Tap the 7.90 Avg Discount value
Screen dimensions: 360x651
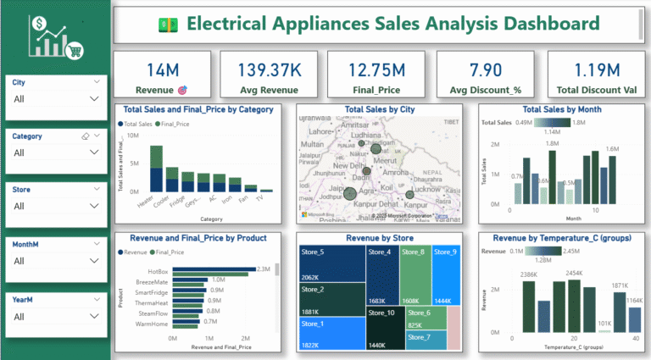[487, 69]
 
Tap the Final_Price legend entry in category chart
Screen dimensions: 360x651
[173, 124]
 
